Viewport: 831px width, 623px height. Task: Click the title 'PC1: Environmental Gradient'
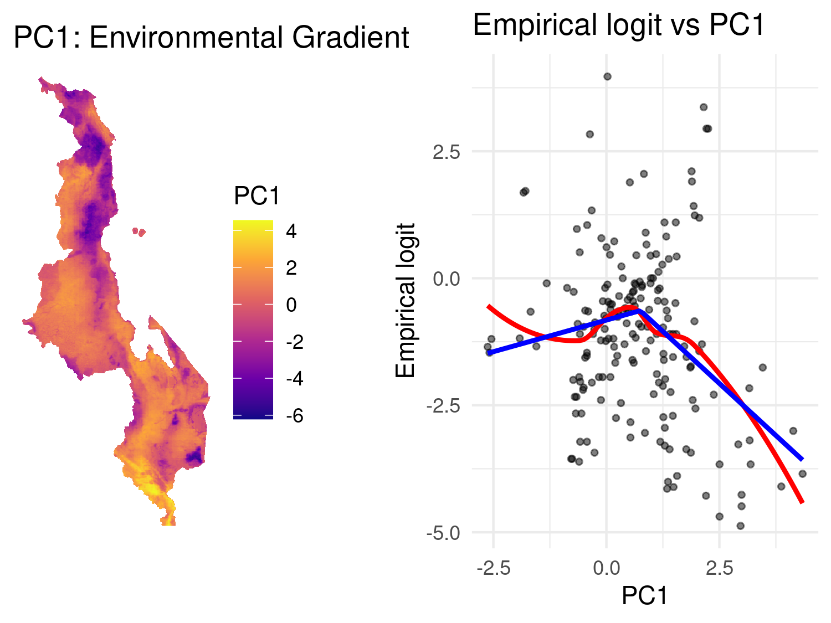point(211,38)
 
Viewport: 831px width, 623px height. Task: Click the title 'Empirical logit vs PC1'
point(618,25)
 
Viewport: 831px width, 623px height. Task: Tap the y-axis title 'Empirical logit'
point(406,300)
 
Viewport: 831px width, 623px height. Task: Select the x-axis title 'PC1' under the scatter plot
point(645,596)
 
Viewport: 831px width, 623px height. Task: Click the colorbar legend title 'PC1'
point(257,196)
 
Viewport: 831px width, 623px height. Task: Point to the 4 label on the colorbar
point(291,231)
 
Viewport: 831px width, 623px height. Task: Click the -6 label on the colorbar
point(295,415)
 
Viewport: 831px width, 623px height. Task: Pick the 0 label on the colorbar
point(291,305)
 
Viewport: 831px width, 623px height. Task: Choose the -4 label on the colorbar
point(295,379)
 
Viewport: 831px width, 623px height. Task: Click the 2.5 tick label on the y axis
point(447,152)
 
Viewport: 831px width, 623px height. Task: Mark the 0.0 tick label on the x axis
point(606,568)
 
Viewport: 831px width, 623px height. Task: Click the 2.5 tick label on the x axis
point(719,568)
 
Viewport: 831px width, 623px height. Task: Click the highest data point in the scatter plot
point(607,76)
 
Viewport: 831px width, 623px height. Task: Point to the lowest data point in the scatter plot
point(740,526)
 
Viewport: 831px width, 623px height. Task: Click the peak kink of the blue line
point(639,311)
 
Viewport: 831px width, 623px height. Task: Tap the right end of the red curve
point(802,502)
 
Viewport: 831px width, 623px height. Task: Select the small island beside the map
point(139,231)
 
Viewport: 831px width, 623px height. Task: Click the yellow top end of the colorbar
point(253,224)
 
